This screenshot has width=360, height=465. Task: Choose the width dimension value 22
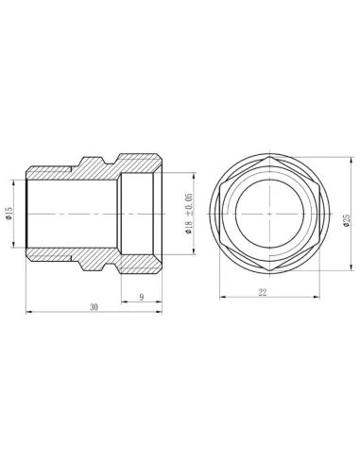(262, 293)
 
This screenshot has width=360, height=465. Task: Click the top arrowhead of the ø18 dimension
(196, 173)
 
